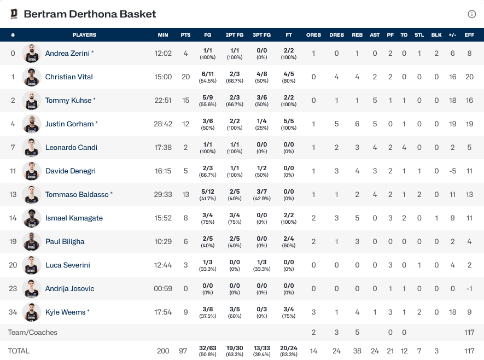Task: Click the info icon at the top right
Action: point(472,14)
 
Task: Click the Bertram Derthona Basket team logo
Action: point(14,14)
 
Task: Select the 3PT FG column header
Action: point(261,35)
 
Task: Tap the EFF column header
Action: point(469,35)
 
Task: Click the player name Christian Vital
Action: point(69,77)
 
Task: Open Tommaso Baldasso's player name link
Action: point(77,194)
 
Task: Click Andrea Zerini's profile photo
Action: point(32,54)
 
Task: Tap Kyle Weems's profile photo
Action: point(32,312)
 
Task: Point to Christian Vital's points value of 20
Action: point(185,77)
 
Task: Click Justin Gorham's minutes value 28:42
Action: point(163,124)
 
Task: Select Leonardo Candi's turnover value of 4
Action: point(404,148)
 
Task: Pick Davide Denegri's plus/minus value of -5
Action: point(452,171)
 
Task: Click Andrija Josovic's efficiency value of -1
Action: point(469,288)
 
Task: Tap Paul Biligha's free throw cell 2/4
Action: point(289,241)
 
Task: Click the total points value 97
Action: point(185,351)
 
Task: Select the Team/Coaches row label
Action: point(33,332)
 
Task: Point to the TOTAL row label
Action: point(19,351)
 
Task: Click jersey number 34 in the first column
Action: point(13,312)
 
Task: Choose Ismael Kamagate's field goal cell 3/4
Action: point(208,218)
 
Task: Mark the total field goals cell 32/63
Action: point(208,351)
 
